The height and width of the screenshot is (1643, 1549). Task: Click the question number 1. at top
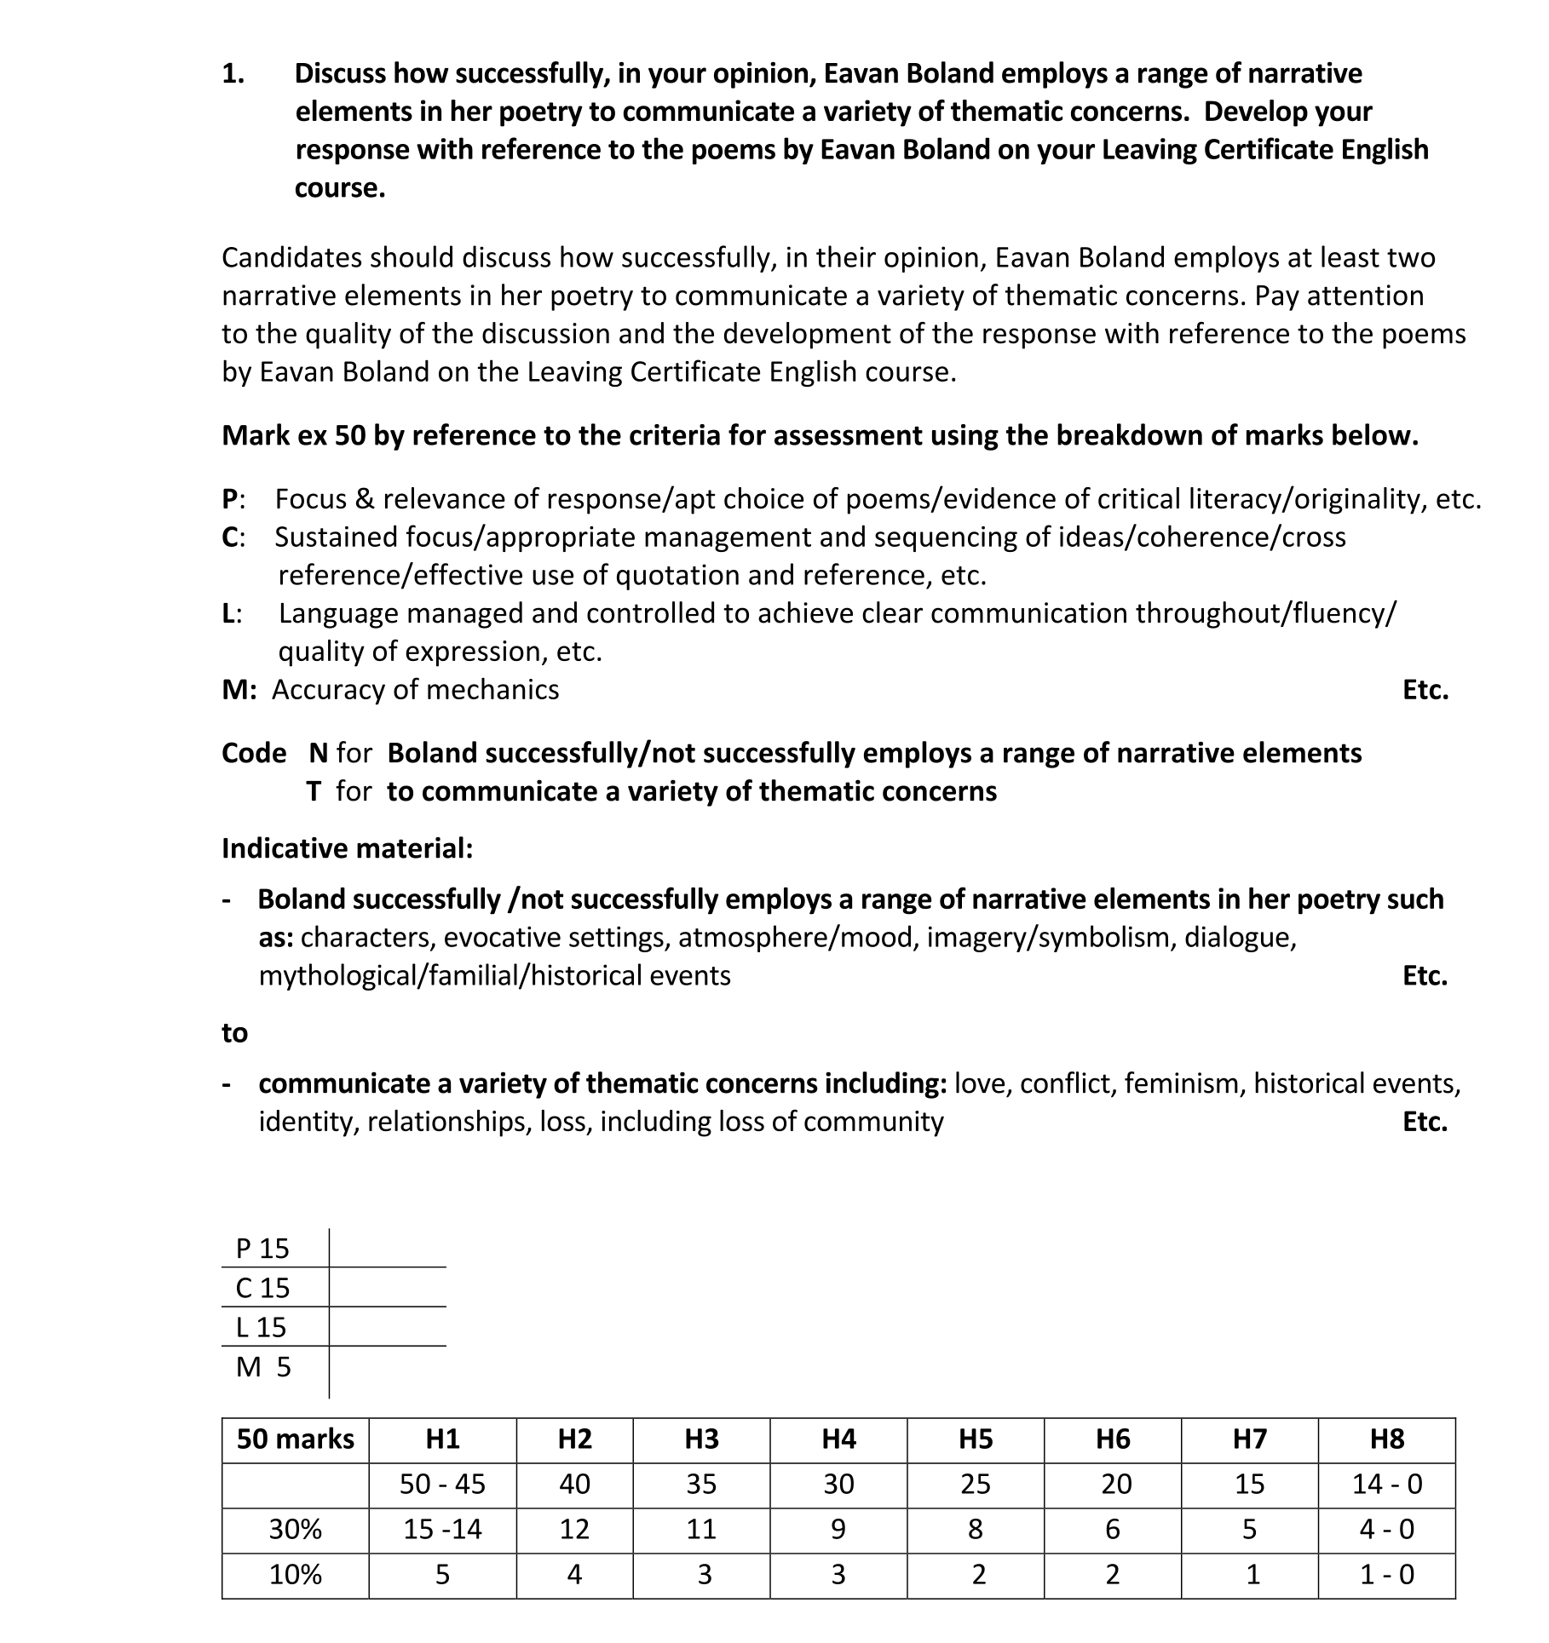coord(233,74)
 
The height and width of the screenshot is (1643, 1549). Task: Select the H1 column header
coord(442,1439)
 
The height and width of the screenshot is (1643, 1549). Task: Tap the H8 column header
coord(1386,1439)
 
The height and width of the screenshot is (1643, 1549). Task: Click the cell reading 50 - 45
coord(442,1484)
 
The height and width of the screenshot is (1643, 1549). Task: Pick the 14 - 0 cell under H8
coord(1386,1484)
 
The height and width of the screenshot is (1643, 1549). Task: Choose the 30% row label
coord(295,1529)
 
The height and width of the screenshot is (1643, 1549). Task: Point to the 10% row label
coord(295,1574)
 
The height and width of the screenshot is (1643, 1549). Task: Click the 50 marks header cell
coord(295,1439)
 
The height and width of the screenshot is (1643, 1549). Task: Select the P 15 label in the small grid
coord(262,1249)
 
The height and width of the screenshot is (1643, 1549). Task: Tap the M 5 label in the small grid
coord(263,1367)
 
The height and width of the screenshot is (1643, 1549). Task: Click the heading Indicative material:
coord(347,848)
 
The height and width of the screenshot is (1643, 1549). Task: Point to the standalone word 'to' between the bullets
coord(234,1032)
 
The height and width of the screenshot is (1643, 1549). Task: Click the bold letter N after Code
coord(319,753)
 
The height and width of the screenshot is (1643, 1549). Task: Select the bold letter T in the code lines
coord(314,791)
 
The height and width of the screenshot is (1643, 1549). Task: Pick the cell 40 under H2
coord(574,1484)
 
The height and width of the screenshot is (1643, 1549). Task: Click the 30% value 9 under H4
coord(838,1529)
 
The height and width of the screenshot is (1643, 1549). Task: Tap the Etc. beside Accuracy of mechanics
coord(1425,690)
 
